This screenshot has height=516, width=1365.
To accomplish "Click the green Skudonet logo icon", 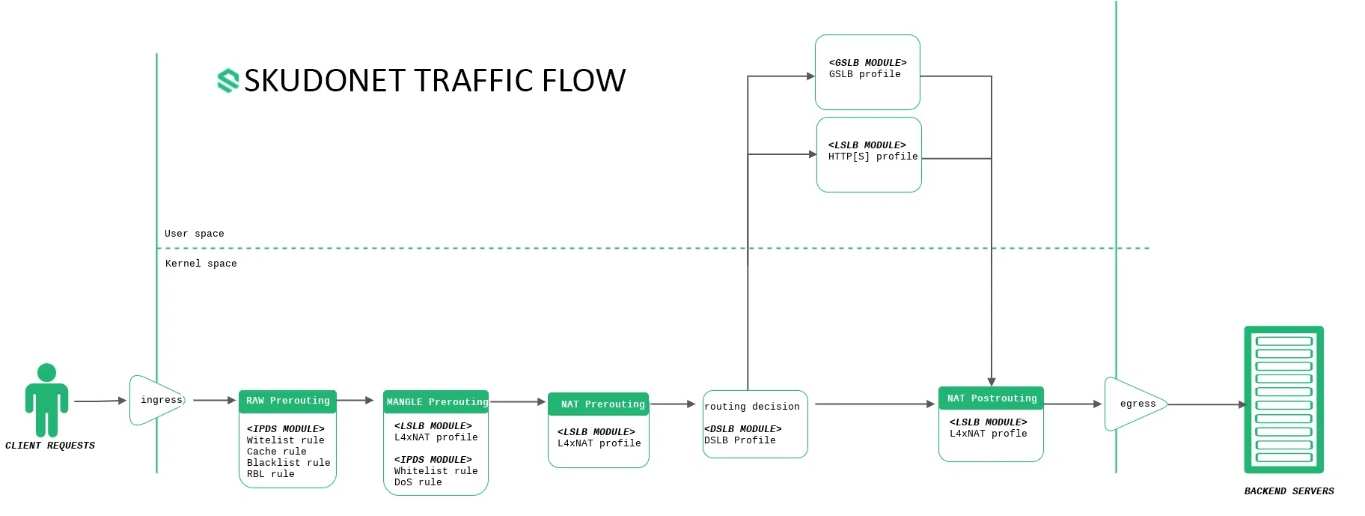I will click(x=227, y=80).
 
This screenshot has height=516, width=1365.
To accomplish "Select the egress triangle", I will click(x=1134, y=404).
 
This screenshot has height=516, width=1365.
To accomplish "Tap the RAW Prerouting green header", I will click(x=287, y=401).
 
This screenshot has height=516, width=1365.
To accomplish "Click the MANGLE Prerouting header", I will click(x=436, y=402).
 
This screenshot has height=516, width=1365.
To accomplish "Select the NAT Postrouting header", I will click(x=991, y=398).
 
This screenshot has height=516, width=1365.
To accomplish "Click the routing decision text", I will click(x=751, y=407).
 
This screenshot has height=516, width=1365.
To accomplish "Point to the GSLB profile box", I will click(x=867, y=72).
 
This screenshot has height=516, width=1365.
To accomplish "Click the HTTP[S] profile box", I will click(x=869, y=154).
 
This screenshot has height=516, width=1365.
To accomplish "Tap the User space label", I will click(x=194, y=234).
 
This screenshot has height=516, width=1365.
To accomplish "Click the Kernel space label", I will click(x=201, y=264).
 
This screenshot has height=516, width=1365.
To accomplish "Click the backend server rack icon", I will click(x=1283, y=399).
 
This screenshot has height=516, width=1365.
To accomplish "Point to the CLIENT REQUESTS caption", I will click(x=50, y=446).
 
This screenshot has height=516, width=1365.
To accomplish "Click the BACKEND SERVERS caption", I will click(x=1289, y=491).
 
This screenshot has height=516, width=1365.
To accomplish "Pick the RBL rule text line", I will click(x=270, y=474).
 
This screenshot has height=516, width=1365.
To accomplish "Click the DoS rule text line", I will click(x=418, y=482).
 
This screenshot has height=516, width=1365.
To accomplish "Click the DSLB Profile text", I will click(x=739, y=440).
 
